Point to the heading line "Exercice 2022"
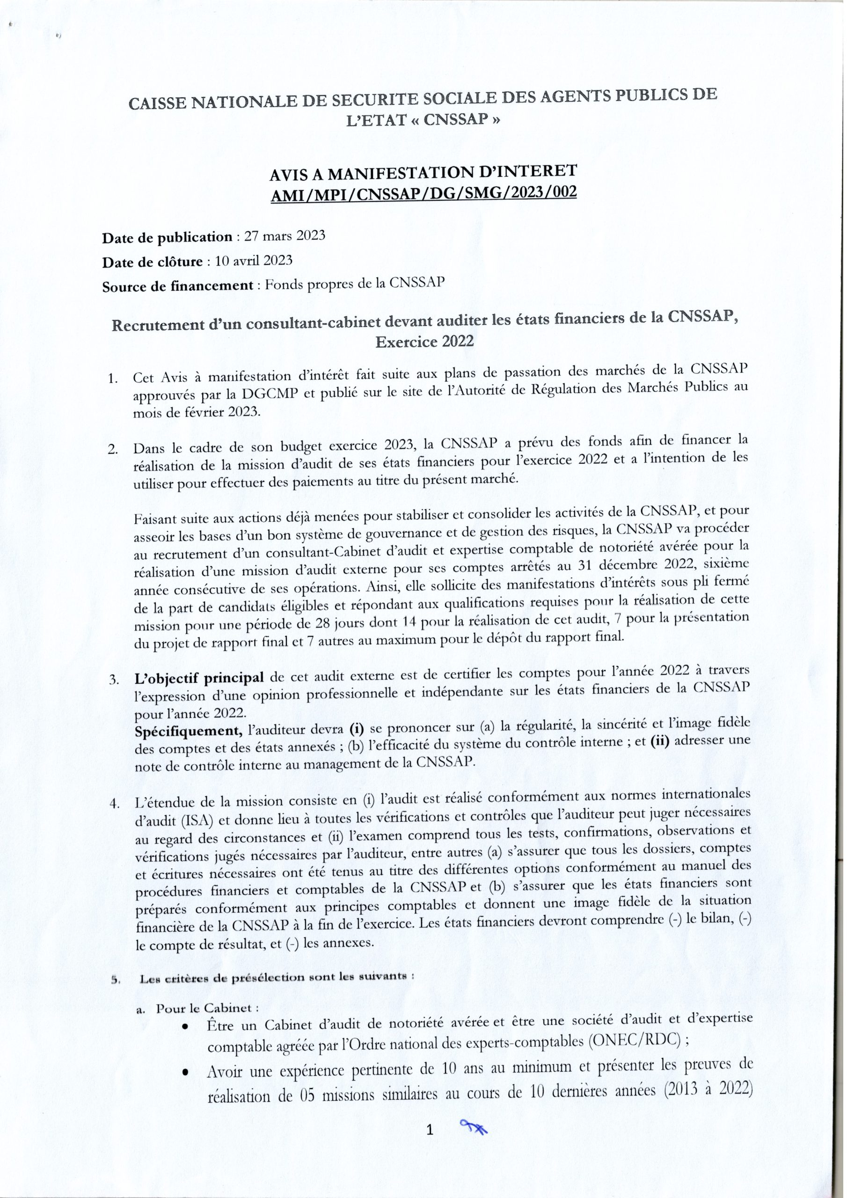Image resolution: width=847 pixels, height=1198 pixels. click(x=424, y=342)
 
